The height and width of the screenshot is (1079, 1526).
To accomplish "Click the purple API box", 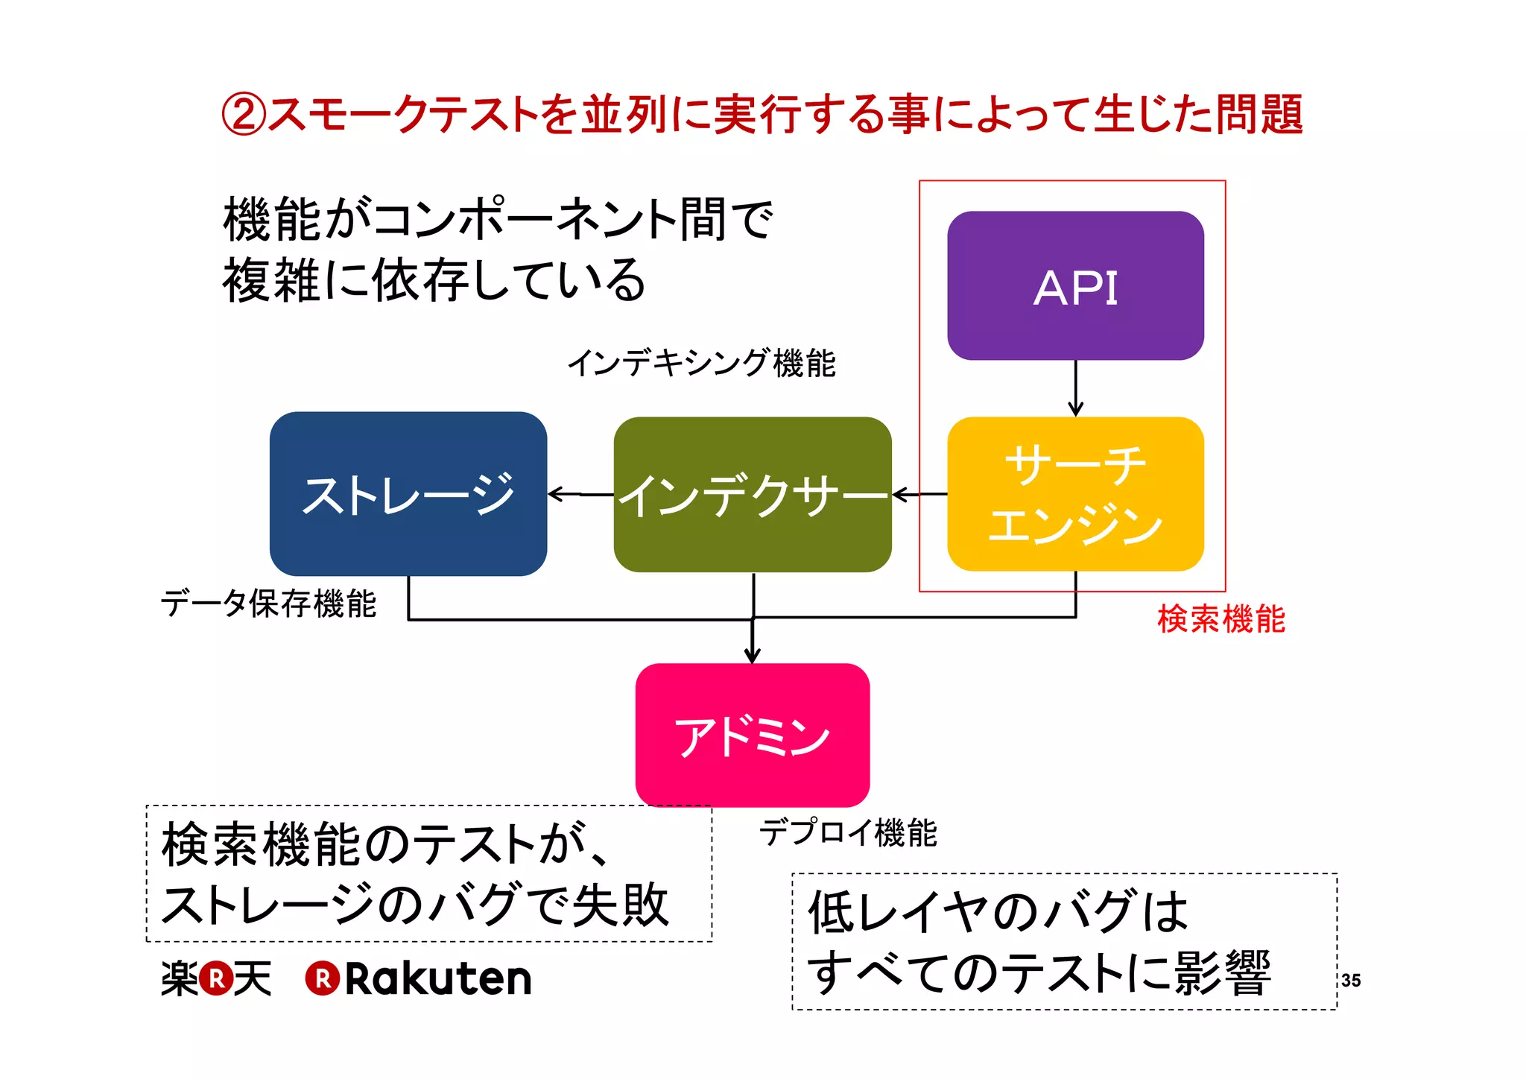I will click(x=1075, y=285).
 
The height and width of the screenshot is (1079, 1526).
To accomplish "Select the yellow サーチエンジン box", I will click(x=1075, y=493).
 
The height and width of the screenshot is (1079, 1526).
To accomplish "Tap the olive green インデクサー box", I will click(x=752, y=495).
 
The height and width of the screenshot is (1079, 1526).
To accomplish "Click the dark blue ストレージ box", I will click(x=408, y=493).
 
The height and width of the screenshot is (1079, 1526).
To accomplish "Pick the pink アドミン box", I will click(x=752, y=735).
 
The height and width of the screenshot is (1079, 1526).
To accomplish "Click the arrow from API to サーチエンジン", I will click(x=1075, y=388).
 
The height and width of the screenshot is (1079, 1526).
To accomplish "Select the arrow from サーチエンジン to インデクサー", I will click(x=919, y=494).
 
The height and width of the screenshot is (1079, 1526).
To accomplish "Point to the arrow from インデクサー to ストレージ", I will click(x=580, y=493).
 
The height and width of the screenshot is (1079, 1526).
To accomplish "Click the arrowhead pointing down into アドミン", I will click(x=753, y=654).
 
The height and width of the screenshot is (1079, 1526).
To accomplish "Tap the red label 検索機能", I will click(x=1221, y=619).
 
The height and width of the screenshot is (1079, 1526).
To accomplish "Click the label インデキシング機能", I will click(x=701, y=364).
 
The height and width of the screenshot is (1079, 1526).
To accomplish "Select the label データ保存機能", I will click(x=268, y=603).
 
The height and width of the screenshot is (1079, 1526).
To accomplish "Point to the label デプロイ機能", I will click(x=848, y=832).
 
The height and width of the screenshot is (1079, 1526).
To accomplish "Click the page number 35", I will click(x=1351, y=981).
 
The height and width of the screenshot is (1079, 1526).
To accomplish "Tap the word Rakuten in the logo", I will click(x=438, y=978).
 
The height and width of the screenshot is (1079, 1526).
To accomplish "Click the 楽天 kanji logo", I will click(x=216, y=978).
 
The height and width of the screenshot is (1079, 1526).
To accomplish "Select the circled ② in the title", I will click(x=243, y=115).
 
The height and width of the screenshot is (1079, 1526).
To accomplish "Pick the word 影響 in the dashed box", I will click(x=1222, y=972).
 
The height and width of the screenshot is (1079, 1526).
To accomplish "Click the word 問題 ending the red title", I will click(x=1259, y=115).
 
